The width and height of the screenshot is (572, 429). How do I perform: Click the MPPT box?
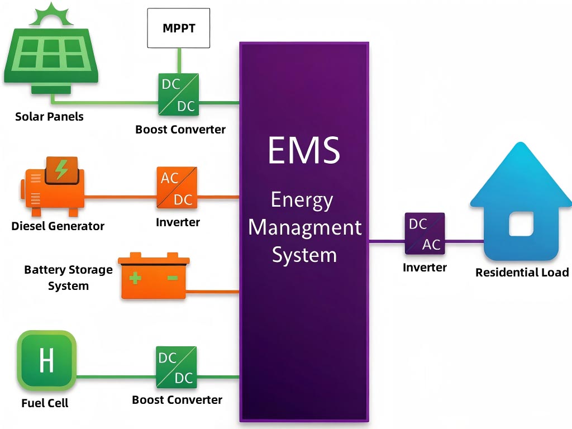tap(178, 28)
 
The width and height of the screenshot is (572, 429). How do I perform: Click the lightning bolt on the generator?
tap(61, 169)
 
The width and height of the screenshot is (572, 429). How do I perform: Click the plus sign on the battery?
tap(135, 278)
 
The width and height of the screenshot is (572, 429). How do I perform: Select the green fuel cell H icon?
tap(46, 360)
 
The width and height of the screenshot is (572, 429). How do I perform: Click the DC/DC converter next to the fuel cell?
tap(176, 368)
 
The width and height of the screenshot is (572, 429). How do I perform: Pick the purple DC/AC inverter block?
tap(425, 233)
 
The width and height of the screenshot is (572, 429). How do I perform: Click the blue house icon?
tap(521, 207)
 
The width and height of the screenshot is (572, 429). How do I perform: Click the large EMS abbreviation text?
tap(303, 150)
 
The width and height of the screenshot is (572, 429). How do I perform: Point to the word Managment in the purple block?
tap(304, 227)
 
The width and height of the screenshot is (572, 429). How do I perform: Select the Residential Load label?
tap(522, 273)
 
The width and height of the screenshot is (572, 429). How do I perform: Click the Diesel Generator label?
tap(58, 226)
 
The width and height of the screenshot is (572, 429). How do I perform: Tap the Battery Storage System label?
tap(68, 278)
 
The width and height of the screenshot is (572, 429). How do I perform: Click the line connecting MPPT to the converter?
tap(179, 60)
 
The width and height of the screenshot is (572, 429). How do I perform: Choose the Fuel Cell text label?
tap(45, 403)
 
